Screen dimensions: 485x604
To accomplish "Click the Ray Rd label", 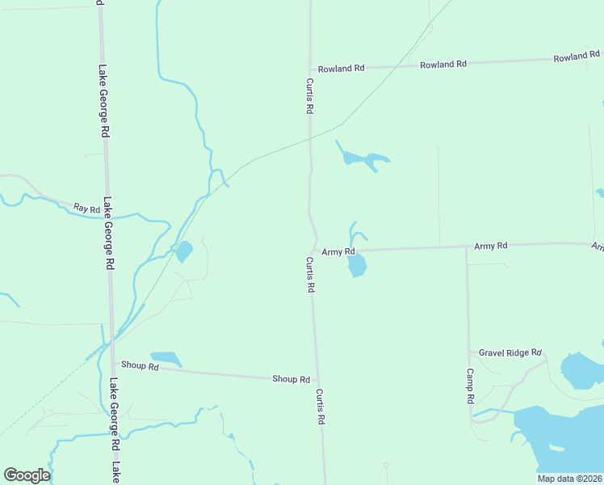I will click(86, 209).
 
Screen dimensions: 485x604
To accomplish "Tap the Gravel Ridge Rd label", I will click(510, 353).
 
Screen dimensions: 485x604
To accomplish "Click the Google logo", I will click(27, 474).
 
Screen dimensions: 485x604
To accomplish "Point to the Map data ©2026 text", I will click(570, 479).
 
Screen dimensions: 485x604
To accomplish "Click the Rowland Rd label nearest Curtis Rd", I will click(341, 69).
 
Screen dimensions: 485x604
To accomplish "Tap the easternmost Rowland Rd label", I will click(577, 58).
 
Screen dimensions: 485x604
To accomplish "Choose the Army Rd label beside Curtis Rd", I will click(338, 251).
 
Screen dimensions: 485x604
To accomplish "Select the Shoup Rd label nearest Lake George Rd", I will click(141, 366).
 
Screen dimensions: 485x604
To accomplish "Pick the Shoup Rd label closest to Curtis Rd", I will click(291, 379).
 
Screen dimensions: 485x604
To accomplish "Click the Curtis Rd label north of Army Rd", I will click(309, 95).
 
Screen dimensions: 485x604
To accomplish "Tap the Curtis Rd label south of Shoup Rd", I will click(321, 407).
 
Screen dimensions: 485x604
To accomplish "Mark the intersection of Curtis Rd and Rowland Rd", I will click(310, 70).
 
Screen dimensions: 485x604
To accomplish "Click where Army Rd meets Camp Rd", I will click(466, 247).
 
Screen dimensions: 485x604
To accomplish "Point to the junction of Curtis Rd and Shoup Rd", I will click(317, 380).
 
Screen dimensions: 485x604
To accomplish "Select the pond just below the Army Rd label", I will click(358, 266).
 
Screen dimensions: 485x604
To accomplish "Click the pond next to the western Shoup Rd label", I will click(167, 358).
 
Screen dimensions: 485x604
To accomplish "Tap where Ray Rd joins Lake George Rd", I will click(106, 205).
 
